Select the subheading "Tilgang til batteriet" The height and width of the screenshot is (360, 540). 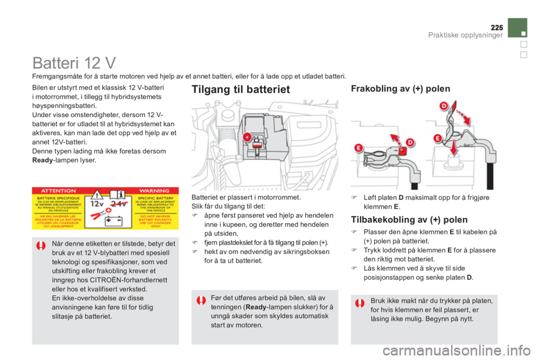point(241,89)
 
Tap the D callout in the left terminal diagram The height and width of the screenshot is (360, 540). point(410,143)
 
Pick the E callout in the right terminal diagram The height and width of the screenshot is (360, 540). point(437,138)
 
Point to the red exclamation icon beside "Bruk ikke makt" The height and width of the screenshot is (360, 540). point(360,303)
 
